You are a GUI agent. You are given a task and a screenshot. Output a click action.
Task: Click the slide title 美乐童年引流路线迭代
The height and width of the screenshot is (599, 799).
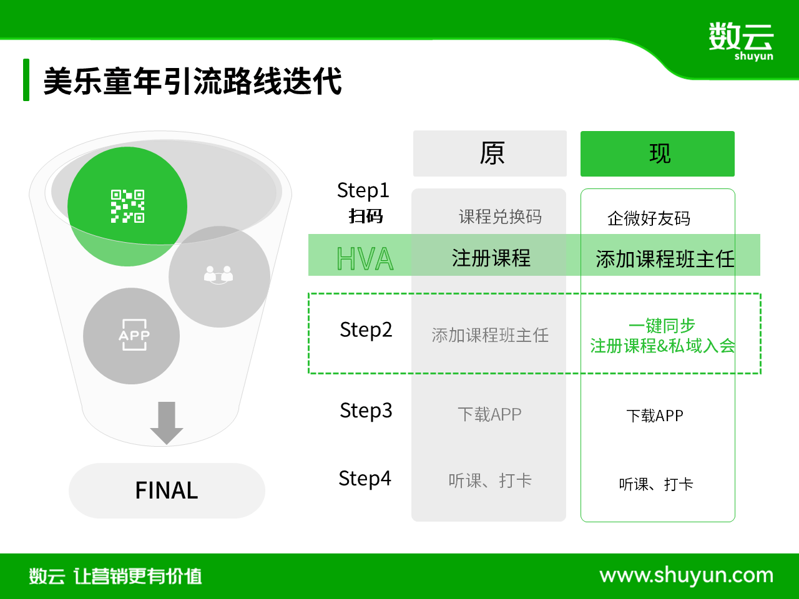point(192,80)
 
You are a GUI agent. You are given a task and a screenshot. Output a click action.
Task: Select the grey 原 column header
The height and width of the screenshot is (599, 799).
point(489,153)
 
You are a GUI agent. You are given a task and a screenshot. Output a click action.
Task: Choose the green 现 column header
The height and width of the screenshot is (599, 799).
point(657,153)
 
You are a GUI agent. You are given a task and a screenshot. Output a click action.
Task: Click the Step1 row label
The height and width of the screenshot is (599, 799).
point(363,190)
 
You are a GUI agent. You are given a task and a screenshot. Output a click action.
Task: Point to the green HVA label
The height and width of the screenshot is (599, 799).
point(365,258)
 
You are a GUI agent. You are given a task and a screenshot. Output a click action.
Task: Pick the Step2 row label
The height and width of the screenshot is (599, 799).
point(366,330)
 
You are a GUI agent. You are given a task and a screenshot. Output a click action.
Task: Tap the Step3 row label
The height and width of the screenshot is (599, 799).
point(366,411)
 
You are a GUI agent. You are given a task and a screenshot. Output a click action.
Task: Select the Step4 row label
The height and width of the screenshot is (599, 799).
point(365,478)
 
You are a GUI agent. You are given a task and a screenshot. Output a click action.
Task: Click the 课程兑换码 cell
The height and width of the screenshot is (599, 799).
point(500,217)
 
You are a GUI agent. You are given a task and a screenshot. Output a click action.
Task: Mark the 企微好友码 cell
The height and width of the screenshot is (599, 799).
point(649,218)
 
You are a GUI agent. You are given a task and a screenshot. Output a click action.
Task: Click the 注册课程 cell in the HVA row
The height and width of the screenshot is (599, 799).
point(491,258)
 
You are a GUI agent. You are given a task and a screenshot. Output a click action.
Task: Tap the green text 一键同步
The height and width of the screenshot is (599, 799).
point(662,325)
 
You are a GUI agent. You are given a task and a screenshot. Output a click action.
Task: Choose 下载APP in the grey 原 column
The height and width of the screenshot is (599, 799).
point(489,414)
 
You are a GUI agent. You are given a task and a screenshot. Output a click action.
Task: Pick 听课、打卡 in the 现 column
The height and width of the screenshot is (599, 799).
point(656,484)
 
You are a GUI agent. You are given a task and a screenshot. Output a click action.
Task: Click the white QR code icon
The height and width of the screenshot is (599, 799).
point(127,206)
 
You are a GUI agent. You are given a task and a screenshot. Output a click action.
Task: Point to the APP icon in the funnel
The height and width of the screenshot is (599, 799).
point(134,334)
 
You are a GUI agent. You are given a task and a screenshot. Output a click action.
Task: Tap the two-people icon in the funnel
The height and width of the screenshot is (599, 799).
point(218,275)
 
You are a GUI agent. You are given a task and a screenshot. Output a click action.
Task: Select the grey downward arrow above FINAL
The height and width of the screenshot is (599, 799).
point(167,423)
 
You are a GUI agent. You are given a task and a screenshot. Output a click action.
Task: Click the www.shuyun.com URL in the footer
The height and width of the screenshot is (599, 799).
point(686,576)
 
